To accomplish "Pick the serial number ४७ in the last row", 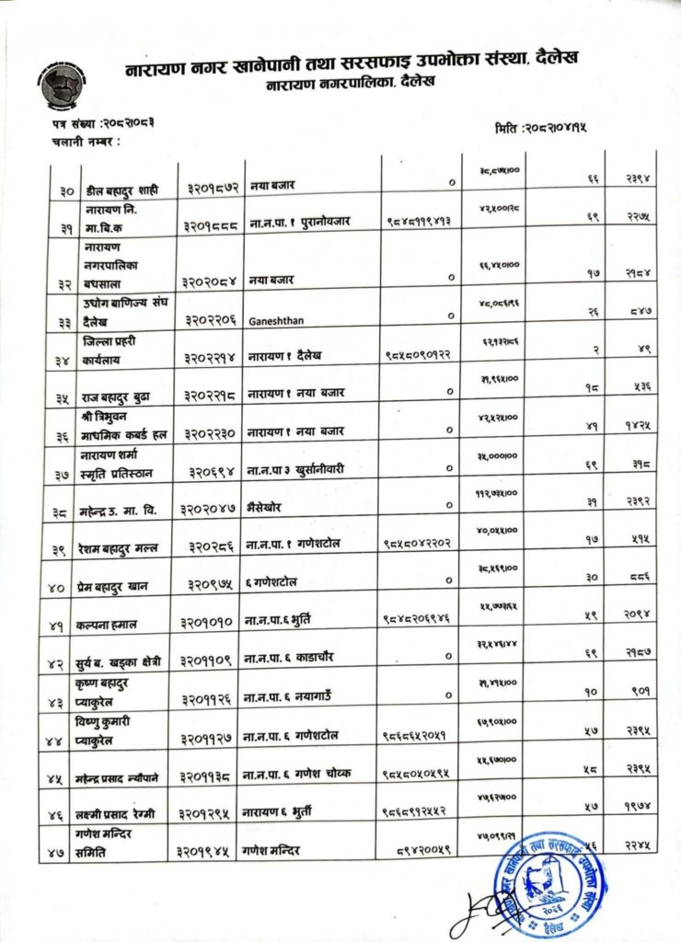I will coord(62,853).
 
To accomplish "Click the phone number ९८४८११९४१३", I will coord(422,222).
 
